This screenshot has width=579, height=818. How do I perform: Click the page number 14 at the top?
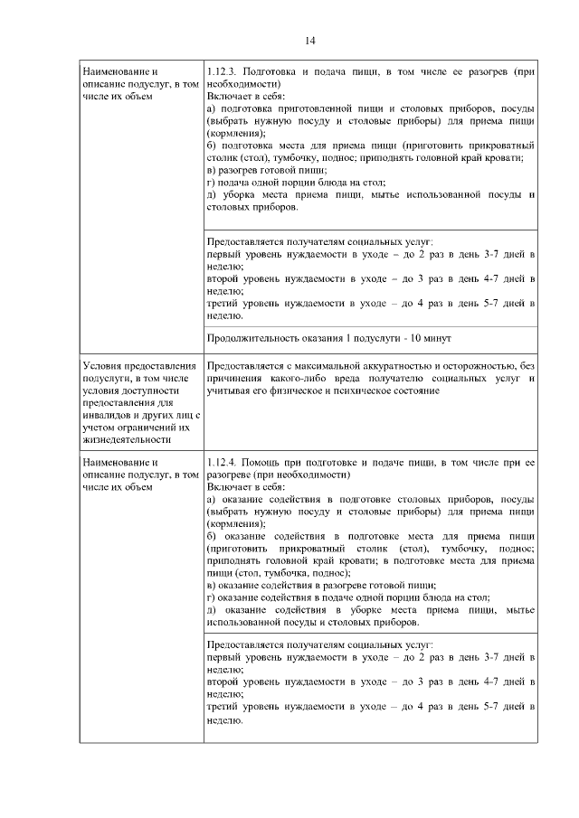click(309, 41)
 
